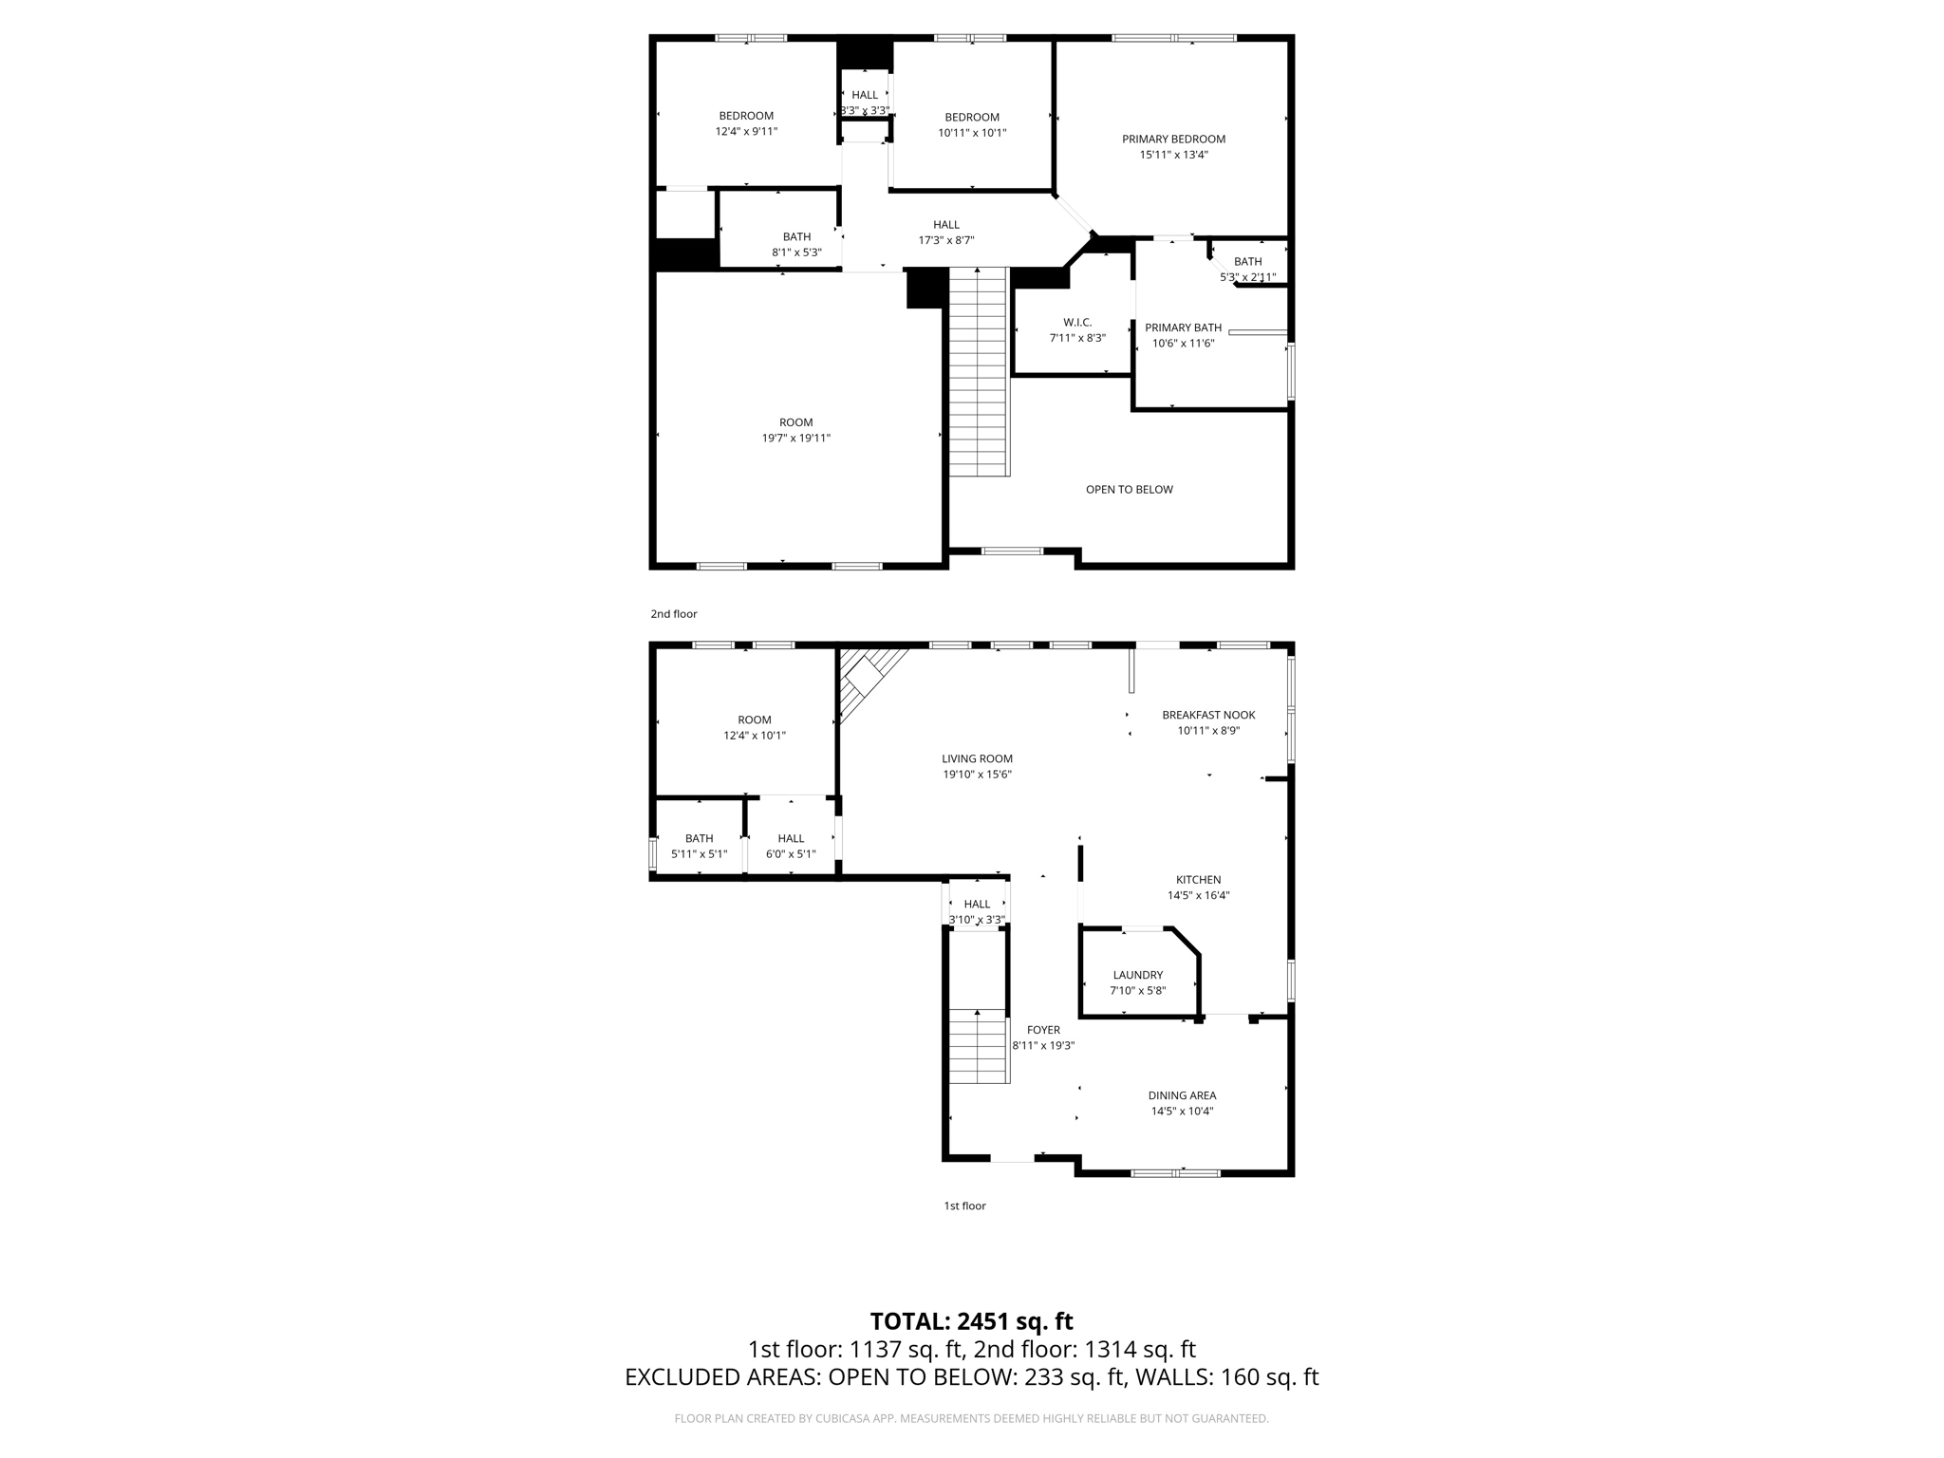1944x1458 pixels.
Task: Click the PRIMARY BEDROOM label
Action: [x=1173, y=139]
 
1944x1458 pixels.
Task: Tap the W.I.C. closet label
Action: [x=1077, y=323]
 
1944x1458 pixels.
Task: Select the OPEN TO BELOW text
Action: [x=1129, y=490]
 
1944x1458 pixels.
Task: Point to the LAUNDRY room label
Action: [x=1137, y=975]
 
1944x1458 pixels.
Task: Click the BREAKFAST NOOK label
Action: [x=1208, y=715]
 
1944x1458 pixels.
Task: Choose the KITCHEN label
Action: [x=1198, y=880]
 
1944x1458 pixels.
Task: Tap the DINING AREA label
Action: [x=1182, y=1095]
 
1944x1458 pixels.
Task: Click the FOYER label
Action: [x=1043, y=1030]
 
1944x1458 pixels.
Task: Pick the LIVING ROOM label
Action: [x=977, y=758]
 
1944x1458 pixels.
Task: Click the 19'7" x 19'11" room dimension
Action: [x=795, y=439]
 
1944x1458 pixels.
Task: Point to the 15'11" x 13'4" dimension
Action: [x=1173, y=155]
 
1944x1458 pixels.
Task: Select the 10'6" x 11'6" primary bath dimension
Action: [x=1183, y=344]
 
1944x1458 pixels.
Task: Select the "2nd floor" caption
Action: [x=673, y=614]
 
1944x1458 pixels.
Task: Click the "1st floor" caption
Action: [x=964, y=1206]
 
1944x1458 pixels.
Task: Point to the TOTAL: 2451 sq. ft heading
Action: [x=971, y=1321]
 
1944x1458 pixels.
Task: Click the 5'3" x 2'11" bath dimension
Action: [x=1247, y=277]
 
